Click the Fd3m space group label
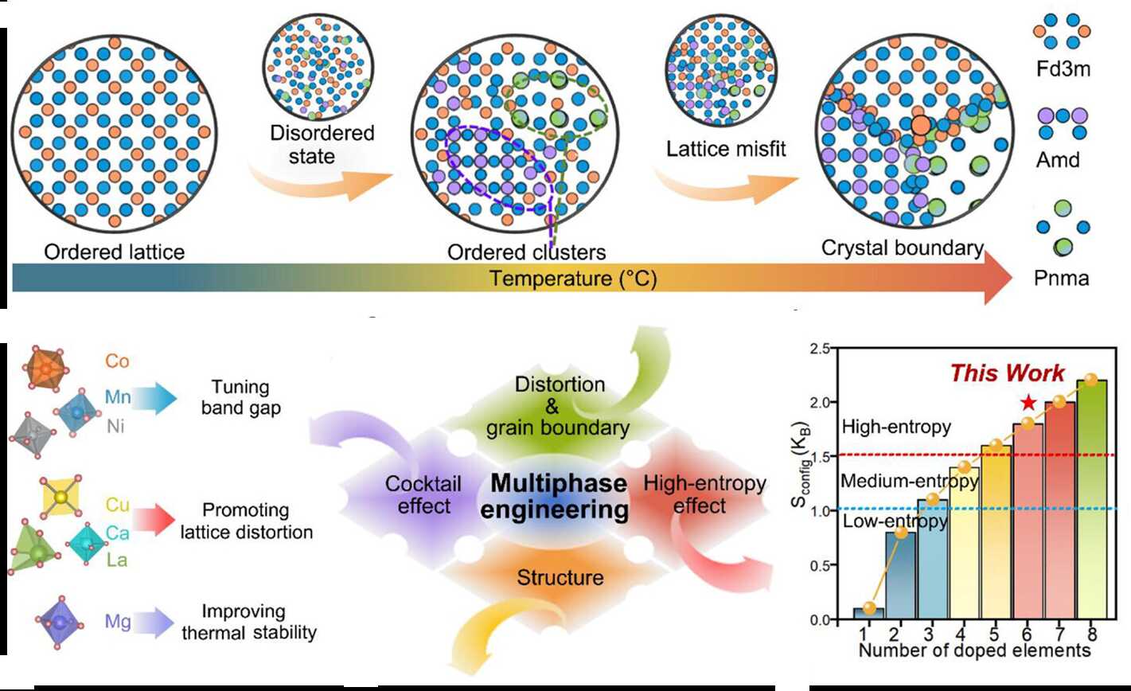point(1060,71)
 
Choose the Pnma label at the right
point(1060,278)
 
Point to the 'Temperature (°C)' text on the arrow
point(573,279)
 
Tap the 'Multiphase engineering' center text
point(557,495)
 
